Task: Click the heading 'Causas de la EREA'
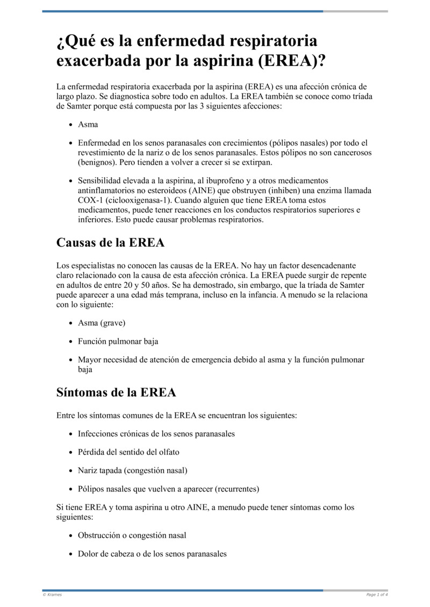coord(110,242)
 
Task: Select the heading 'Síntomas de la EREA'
coord(116,392)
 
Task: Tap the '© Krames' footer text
coord(52,595)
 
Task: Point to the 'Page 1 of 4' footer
coord(377,595)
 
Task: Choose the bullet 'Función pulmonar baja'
coord(118,341)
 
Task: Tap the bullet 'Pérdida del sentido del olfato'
coord(128,452)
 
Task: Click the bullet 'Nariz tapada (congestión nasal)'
coord(132,470)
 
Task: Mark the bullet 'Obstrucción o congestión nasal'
coord(132,536)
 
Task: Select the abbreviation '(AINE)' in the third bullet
coord(201,191)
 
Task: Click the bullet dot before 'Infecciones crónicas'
coord(71,433)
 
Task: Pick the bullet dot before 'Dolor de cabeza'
coord(71,554)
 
